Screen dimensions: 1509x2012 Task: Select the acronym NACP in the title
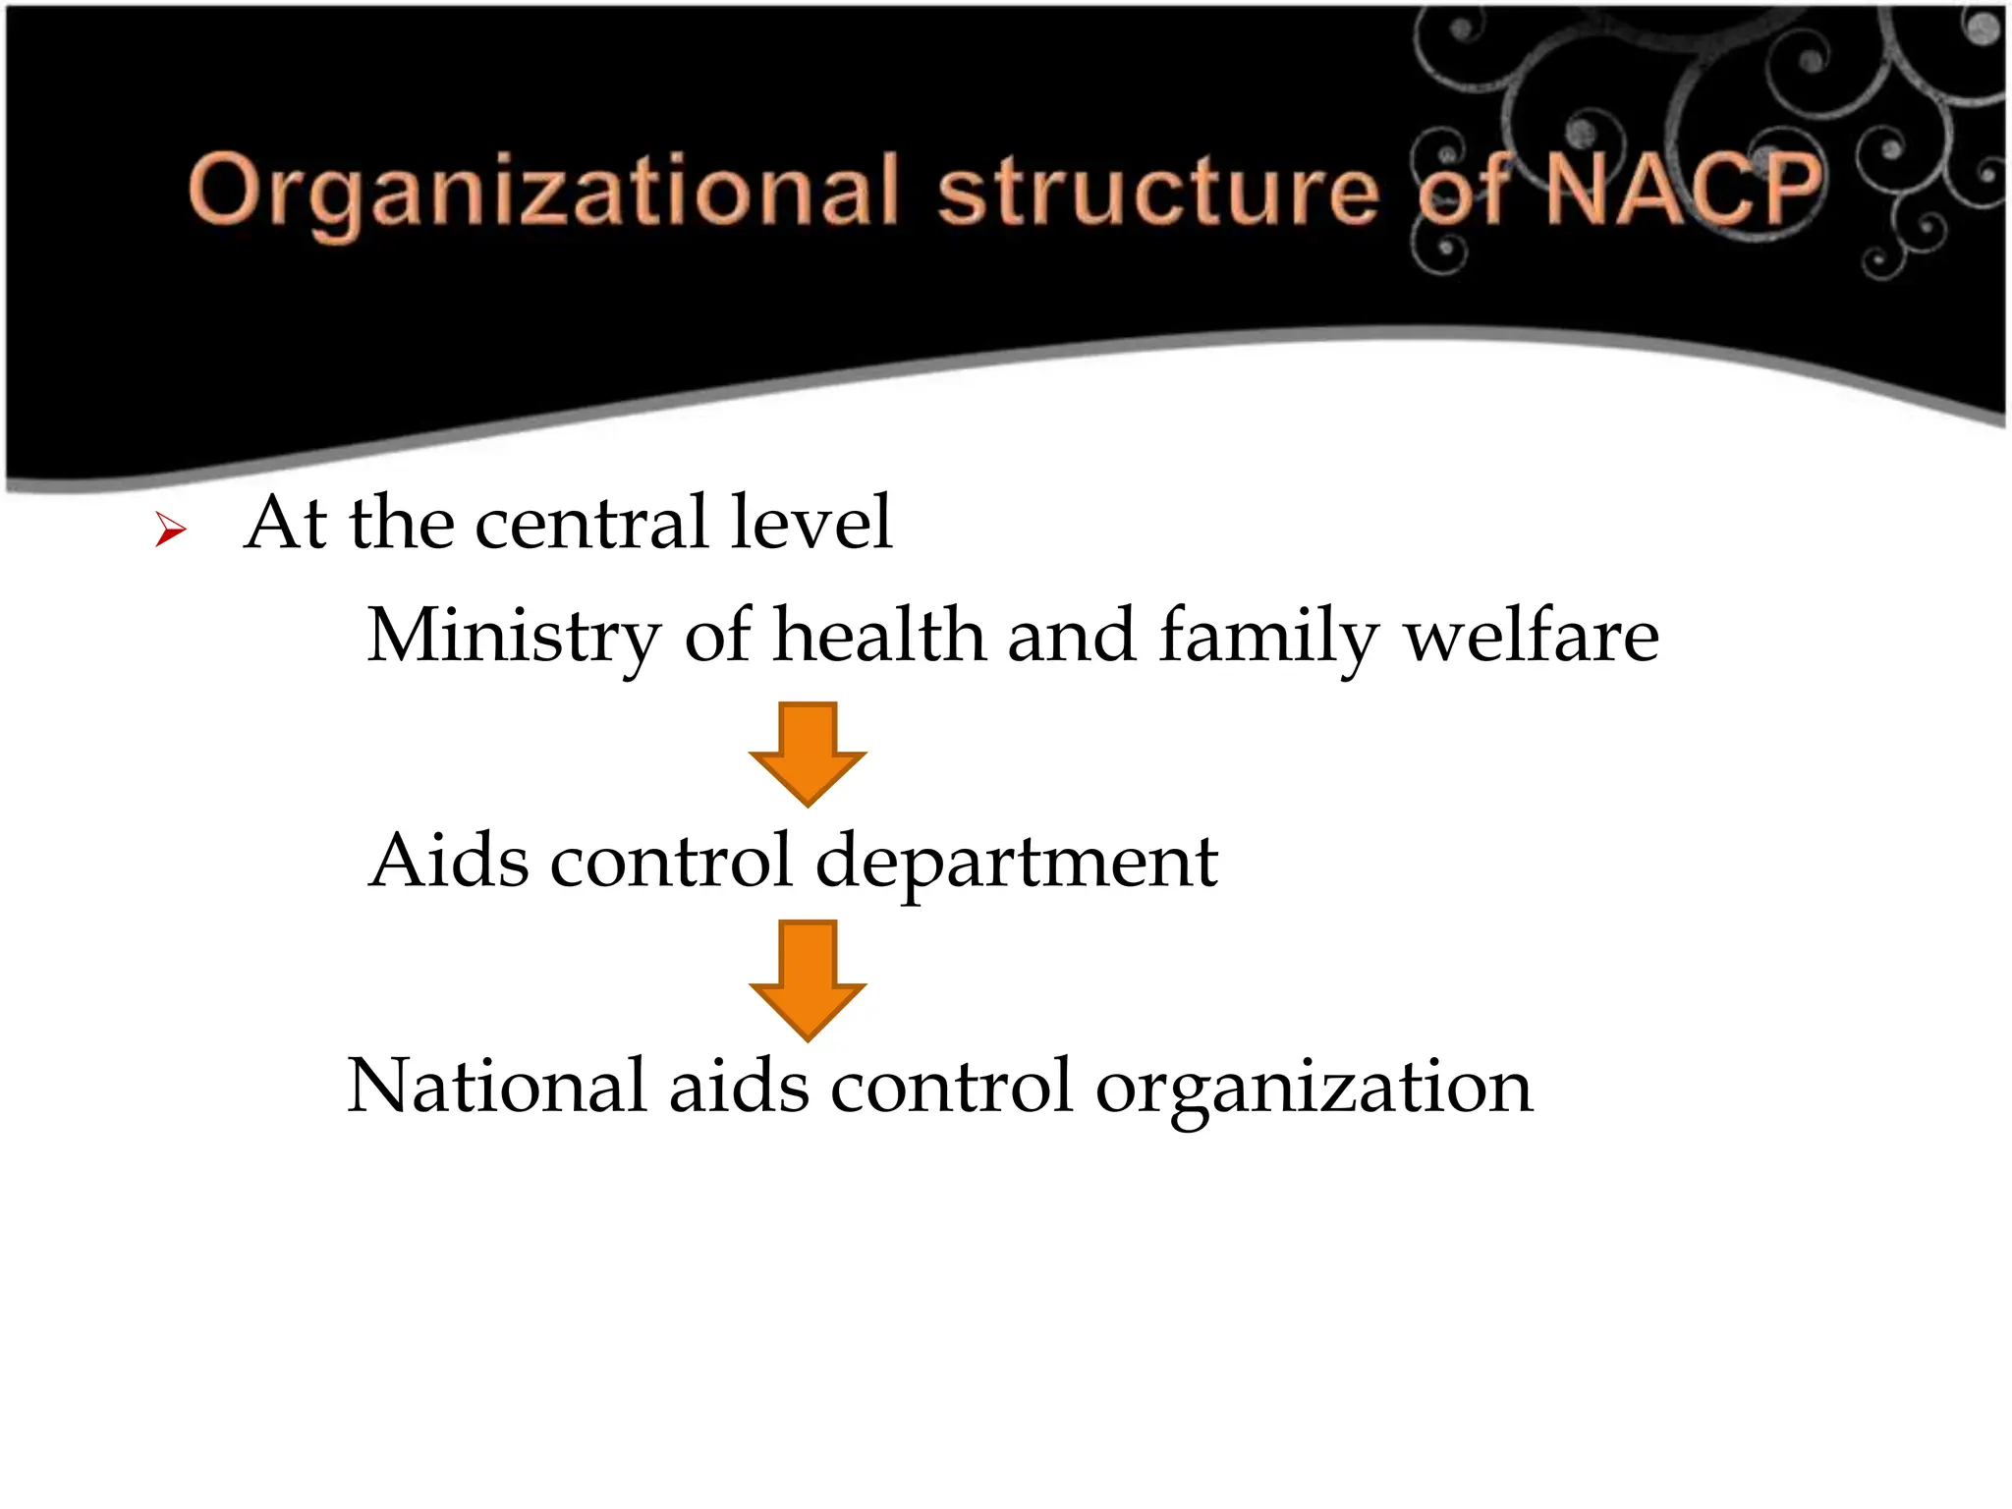click(x=1682, y=189)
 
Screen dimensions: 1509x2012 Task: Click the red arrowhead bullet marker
click(x=170, y=531)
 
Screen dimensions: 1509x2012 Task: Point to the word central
click(x=591, y=523)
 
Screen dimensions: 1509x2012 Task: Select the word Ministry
click(x=513, y=637)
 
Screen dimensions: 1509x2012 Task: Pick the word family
click(x=1269, y=637)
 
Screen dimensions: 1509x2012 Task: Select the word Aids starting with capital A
click(x=449, y=861)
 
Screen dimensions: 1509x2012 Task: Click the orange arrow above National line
click(x=808, y=978)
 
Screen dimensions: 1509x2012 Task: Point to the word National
click(x=497, y=1087)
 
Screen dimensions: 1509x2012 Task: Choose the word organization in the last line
click(x=1313, y=1089)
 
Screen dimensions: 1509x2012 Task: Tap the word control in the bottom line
click(x=951, y=1087)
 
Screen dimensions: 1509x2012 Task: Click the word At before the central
click(x=286, y=523)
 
